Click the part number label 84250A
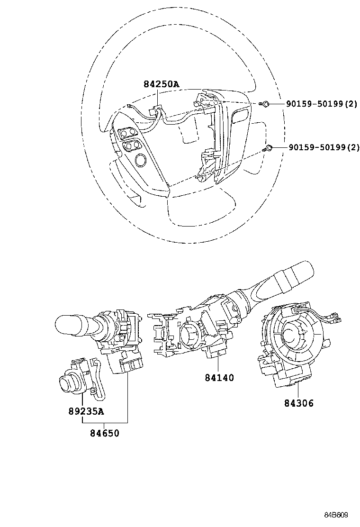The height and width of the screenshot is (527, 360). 162,84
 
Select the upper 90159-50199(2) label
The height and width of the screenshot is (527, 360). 322,103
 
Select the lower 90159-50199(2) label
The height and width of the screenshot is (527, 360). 322,147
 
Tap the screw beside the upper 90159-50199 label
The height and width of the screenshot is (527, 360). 267,103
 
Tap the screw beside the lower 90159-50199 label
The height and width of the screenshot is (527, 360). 269,148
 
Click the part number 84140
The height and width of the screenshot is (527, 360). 219,378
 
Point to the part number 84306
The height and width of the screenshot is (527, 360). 299,403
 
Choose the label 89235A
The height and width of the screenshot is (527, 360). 85,411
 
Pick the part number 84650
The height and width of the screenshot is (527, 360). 105,433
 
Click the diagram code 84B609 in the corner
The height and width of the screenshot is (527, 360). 337,515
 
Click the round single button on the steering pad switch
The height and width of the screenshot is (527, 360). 140,160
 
